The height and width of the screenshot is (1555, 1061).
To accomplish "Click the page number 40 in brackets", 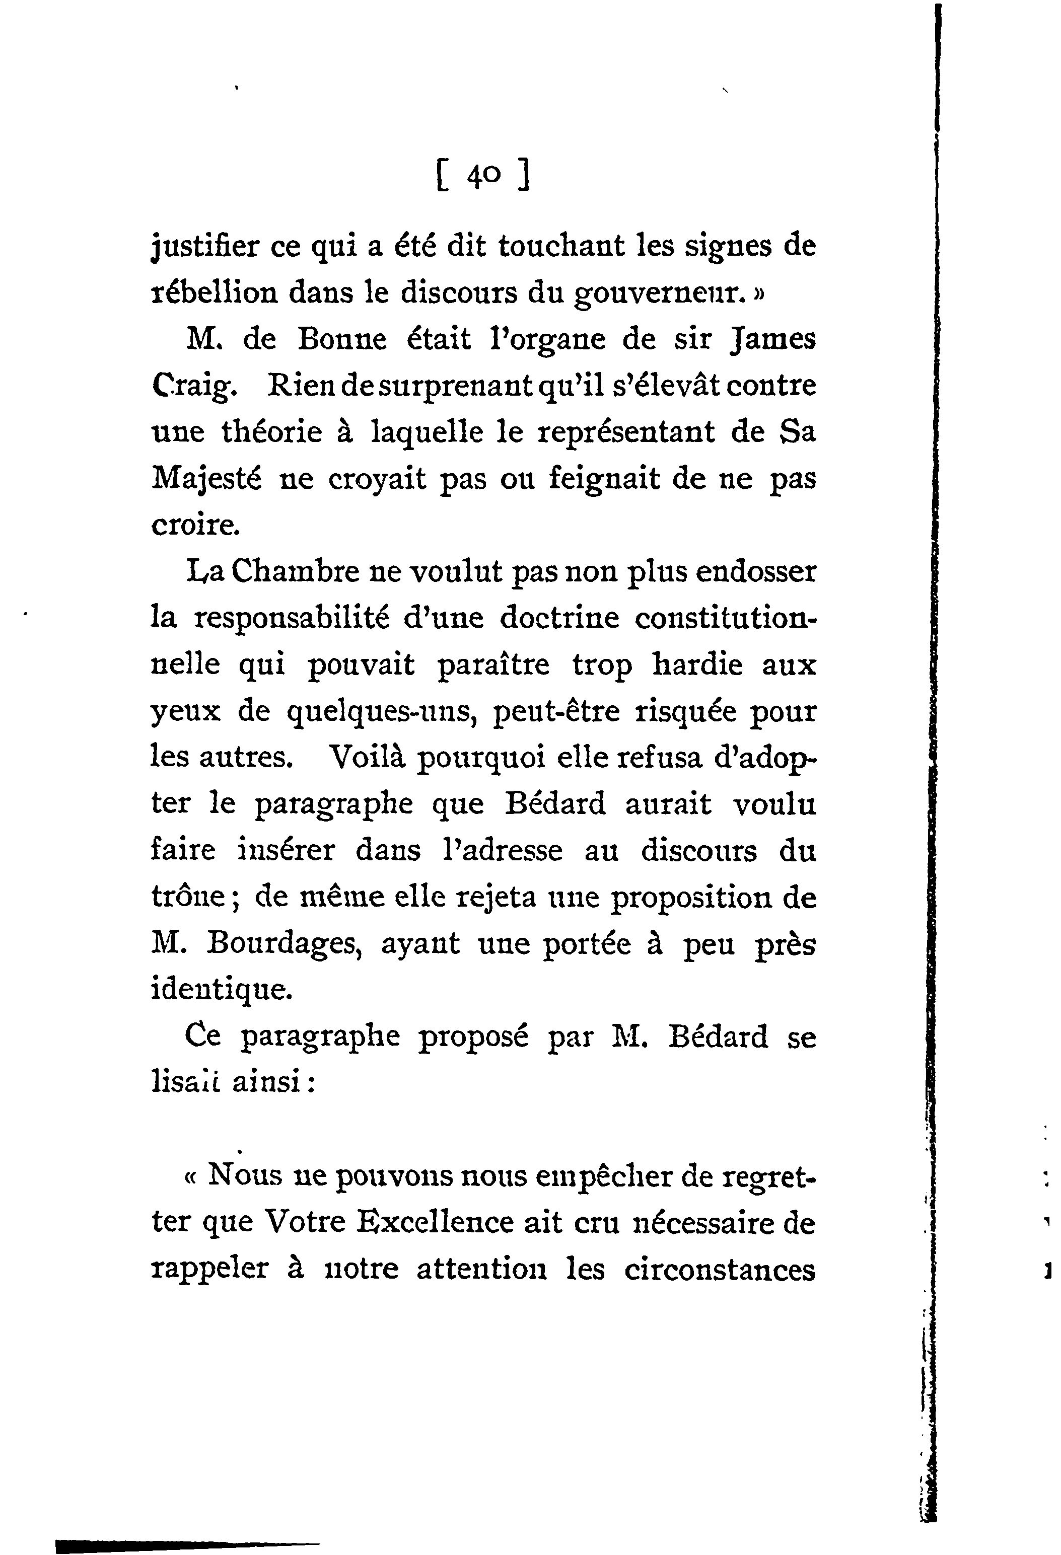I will pos(482,177).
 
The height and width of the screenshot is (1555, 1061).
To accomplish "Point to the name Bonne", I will pos(341,340).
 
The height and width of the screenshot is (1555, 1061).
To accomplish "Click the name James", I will pos(773,340).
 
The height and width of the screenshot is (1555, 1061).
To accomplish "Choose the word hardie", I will pos(697,665).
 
